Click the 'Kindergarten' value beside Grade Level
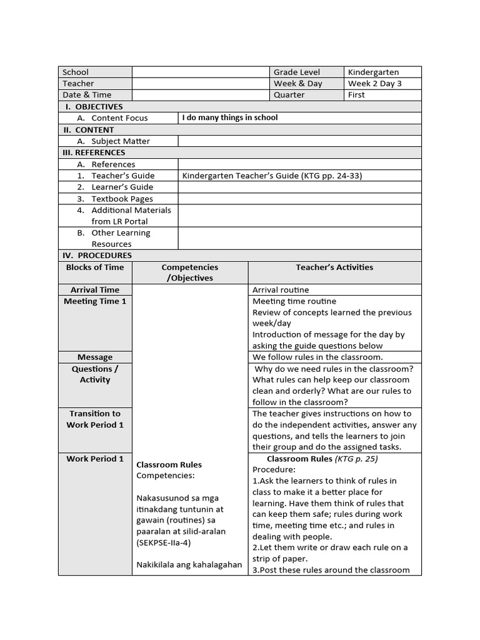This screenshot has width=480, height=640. click(x=373, y=72)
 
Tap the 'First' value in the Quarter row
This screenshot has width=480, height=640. click(x=356, y=95)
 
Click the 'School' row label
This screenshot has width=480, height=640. click(x=76, y=72)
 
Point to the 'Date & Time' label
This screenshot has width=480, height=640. click(x=87, y=95)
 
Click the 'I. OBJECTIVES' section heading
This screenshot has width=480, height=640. click(x=94, y=106)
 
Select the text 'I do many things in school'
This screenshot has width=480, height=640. click(x=230, y=117)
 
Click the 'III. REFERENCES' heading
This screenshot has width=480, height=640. click(x=94, y=152)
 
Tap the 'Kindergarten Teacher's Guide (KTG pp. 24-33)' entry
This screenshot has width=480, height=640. click(x=272, y=176)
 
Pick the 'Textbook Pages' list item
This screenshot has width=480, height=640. click(x=122, y=199)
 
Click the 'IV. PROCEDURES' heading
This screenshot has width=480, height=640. click(x=97, y=256)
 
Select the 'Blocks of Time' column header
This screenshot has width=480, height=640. click(x=95, y=267)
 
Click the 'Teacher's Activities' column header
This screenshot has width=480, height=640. click(x=334, y=267)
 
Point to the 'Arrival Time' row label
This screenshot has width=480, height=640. click(x=95, y=290)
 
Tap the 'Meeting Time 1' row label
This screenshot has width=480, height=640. click(x=95, y=301)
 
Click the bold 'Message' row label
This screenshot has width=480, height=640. click(x=95, y=357)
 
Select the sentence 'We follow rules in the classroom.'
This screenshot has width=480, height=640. click(x=317, y=357)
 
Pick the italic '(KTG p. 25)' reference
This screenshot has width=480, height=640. click(x=357, y=459)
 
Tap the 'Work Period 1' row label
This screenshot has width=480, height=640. click(x=95, y=459)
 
